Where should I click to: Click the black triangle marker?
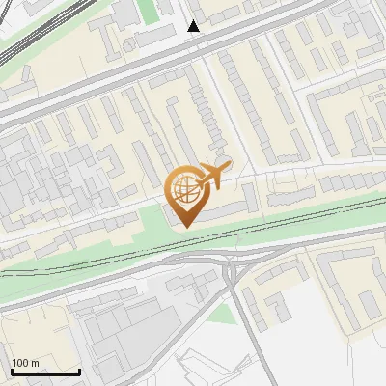pyautogui.click(x=194, y=26)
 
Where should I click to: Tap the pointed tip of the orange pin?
pyautogui.click(x=183, y=228)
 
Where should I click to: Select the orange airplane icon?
pyautogui.click(x=216, y=176)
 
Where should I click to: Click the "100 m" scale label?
pyautogui.click(x=26, y=363)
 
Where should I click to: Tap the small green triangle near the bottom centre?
pyautogui.click(x=224, y=313)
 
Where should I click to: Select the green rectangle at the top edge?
pyautogui.click(x=147, y=12)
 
